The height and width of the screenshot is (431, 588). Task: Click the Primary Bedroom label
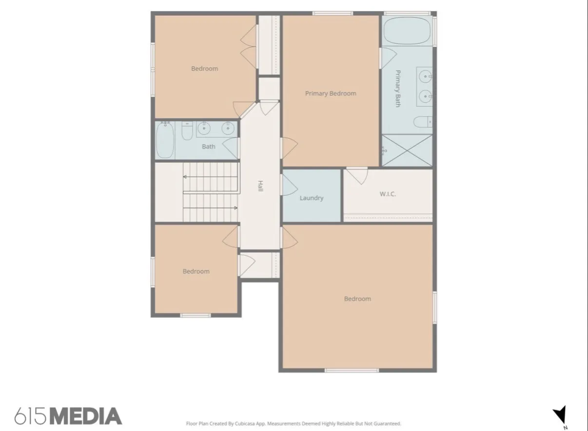(x=331, y=94)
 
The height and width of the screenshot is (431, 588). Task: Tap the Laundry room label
(x=312, y=198)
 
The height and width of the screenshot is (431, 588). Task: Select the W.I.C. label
(x=388, y=194)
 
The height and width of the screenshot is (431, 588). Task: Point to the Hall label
(x=260, y=186)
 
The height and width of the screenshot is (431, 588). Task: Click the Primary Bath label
(x=398, y=89)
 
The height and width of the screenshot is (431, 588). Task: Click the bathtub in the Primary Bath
(x=407, y=31)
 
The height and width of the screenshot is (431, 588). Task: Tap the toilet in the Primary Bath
(x=423, y=122)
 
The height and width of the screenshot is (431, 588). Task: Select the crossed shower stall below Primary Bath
(x=407, y=150)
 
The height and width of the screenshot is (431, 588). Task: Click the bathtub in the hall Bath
(x=165, y=140)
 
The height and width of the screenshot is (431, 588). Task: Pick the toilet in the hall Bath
(x=187, y=131)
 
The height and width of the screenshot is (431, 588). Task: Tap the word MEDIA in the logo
(x=86, y=416)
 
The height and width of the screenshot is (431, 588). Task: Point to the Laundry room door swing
(x=289, y=185)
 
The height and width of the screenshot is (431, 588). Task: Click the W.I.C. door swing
(x=357, y=175)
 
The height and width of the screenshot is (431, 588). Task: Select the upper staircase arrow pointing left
(x=211, y=177)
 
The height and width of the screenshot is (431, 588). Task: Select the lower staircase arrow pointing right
(x=211, y=208)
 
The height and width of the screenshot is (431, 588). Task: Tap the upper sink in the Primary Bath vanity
(x=425, y=76)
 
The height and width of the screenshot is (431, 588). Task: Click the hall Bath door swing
(x=231, y=148)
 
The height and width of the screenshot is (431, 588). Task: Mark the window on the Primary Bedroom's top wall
(x=333, y=13)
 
